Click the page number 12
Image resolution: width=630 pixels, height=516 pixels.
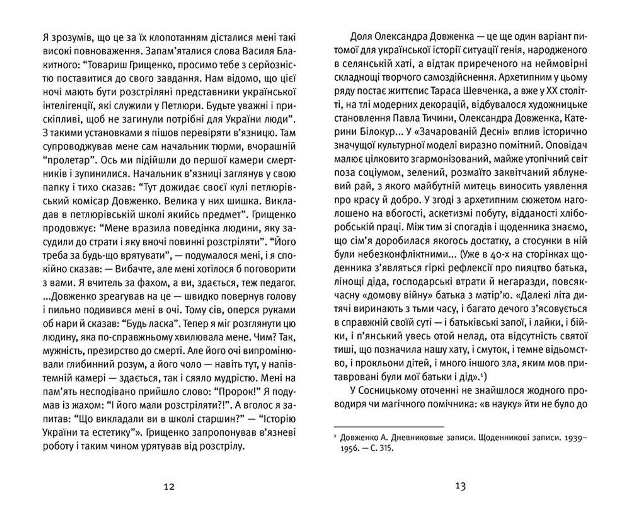(169, 486)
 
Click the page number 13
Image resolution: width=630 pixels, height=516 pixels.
(461, 486)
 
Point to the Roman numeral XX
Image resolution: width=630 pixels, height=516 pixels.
(554, 91)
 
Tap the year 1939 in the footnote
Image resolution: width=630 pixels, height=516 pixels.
(571, 438)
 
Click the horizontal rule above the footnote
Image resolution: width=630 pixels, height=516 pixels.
(389, 427)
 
